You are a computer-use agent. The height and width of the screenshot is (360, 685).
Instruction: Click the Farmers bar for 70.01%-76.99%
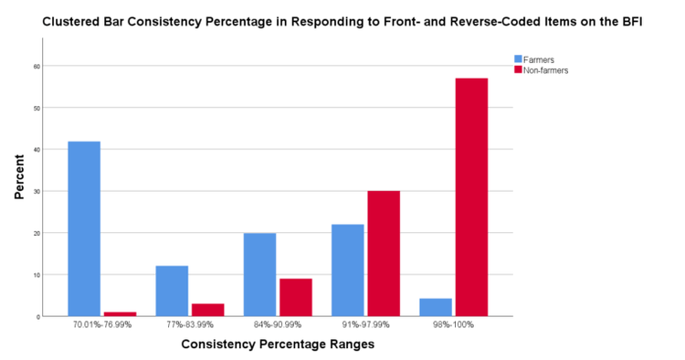pyautogui.click(x=84, y=228)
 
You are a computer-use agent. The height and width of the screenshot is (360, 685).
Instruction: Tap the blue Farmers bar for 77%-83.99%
pyautogui.click(x=172, y=291)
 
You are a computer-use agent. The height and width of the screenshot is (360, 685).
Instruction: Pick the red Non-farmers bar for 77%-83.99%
pyautogui.click(x=207, y=310)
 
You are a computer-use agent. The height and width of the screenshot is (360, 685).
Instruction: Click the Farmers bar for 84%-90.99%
pyautogui.click(x=259, y=274)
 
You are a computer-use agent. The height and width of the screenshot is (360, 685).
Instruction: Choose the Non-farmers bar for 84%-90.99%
pyautogui.click(x=295, y=297)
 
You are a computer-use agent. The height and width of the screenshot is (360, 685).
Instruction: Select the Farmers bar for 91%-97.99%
pyautogui.click(x=347, y=270)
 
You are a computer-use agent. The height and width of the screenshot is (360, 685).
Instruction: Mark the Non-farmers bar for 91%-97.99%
pyautogui.click(x=383, y=253)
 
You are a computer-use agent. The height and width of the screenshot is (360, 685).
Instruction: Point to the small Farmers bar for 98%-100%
pyautogui.click(x=436, y=307)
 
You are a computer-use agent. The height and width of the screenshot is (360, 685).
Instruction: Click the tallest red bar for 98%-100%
pyautogui.click(x=471, y=196)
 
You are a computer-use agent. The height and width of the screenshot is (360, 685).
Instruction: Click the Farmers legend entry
pyautogui.click(x=538, y=59)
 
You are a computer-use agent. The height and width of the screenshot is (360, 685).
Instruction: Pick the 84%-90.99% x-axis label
pyautogui.click(x=277, y=326)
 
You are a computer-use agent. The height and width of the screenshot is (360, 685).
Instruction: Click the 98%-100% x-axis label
pyautogui.click(x=453, y=326)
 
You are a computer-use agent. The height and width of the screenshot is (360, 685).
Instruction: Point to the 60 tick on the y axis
pyautogui.click(x=37, y=66)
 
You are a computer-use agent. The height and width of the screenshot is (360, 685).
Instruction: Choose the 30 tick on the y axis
pyautogui.click(x=37, y=191)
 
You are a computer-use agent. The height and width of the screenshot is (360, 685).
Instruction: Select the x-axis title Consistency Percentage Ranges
pyautogui.click(x=278, y=344)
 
